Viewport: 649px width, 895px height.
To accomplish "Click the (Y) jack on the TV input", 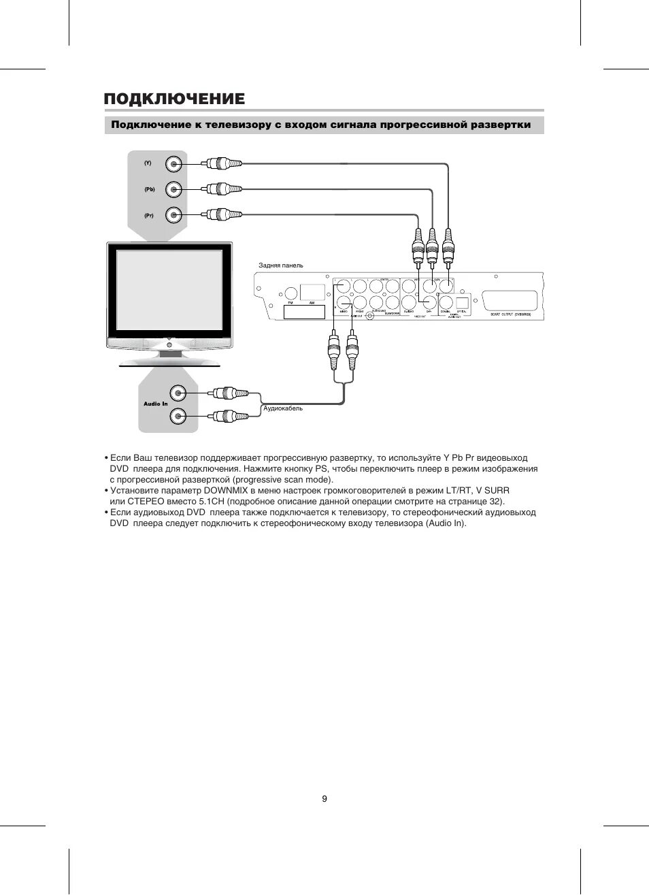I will pyautogui.click(x=175, y=163).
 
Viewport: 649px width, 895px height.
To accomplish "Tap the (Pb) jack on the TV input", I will pyautogui.click(x=175, y=189).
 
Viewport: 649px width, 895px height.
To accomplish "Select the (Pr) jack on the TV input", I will pyautogui.click(x=175, y=215).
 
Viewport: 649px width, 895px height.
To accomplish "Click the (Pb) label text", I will pyautogui.click(x=149, y=189).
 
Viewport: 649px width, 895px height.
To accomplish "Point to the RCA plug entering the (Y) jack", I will pyautogui.click(x=222, y=163).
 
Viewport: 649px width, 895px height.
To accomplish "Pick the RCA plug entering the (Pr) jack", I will pyautogui.click(x=222, y=215).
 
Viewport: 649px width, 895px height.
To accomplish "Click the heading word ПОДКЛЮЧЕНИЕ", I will pyautogui.click(x=174, y=99).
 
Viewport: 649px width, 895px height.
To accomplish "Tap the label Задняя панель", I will pyautogui.click(x=281, y=265).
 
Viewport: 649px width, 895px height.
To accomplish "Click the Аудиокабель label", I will pyautogui.click(x=283, y=408).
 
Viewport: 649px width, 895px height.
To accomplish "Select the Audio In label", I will pyautogui.click(x=155, y=404).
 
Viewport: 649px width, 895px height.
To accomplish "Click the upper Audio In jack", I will pyautogui.click(x=178, y=393).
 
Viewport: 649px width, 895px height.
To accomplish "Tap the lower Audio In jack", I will pyautogui.click(x=178, y=415).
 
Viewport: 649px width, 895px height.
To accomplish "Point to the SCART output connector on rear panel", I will pyautogui.click(x=510, y=300).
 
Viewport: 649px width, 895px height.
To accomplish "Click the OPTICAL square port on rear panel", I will pyautogui.click(x=462, y=302).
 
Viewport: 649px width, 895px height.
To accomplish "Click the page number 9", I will pyautogui.click(x=324, y=798).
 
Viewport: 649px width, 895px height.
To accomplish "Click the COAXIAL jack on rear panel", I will pyautogui.click(x=446, y=302).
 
